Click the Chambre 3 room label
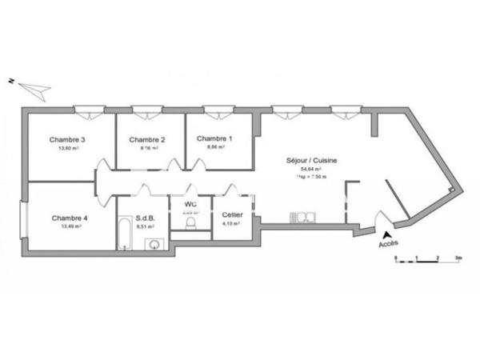67,139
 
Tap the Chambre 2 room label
147,139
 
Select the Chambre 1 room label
215,138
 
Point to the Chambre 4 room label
70,218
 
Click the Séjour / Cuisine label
312,161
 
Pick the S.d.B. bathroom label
145,218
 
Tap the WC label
190,205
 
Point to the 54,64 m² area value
310,170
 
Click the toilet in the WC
190,225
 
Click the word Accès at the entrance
388,243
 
